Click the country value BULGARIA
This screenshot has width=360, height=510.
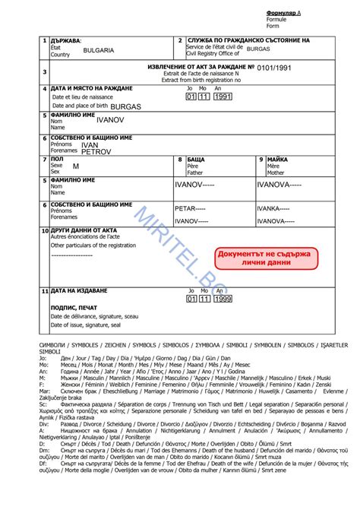tap(99, 50)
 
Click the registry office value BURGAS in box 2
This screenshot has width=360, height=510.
tap(257, 48)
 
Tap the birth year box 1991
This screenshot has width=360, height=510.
tap(223, 98)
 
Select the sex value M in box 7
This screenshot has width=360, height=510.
tap(76, 166)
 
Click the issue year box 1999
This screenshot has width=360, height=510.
tap(223, 299)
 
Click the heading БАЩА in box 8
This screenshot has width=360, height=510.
tap(195, 160)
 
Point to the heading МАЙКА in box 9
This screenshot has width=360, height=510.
tap(277, 160)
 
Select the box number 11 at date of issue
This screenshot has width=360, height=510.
tap(45, 291)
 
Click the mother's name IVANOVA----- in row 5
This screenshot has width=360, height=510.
tap(279, 185)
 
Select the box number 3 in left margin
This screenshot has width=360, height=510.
tap(45, 72)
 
